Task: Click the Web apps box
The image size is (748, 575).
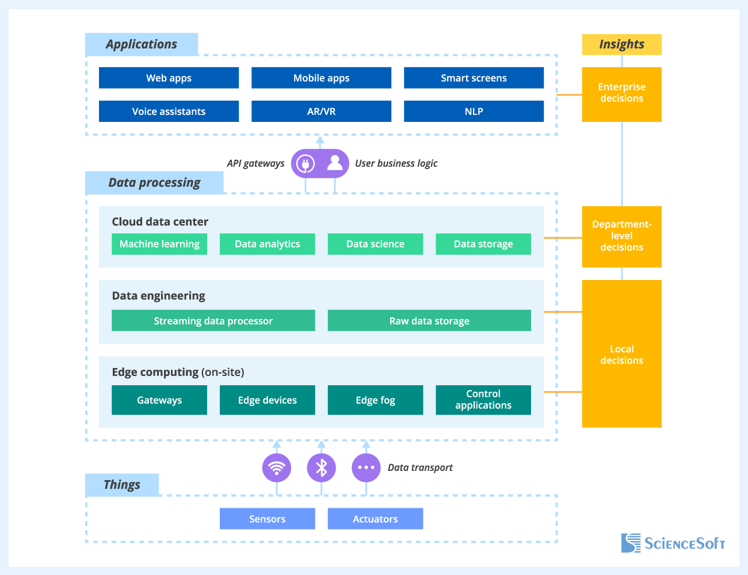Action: coord(169,78)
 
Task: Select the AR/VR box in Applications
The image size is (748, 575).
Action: coord(321,112)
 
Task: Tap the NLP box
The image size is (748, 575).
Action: coord(474,112)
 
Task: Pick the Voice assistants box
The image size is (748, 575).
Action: coord(169,112)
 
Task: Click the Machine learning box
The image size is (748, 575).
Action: coord(159,244)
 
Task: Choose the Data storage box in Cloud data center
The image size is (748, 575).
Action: coord(483,244)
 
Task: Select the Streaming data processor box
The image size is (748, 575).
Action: coord(213,321)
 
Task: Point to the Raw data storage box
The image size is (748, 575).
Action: coord(429,321)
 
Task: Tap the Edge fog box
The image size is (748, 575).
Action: coord(375,400)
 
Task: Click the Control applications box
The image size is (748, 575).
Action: coord(483,400)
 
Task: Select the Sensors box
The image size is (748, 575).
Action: coord(267,519)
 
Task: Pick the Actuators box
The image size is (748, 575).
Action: coord(375,519)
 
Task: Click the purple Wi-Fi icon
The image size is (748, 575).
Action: coord(277,467)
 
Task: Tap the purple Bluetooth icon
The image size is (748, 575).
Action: coord(321,467)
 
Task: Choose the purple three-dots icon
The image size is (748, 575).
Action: coord(366,467)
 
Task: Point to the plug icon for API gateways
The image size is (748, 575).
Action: coord(305,164)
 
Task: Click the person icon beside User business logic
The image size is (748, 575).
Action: coord(335,164)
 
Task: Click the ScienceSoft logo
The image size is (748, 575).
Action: coord(673,543)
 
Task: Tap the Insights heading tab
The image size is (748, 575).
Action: coord(621,44)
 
